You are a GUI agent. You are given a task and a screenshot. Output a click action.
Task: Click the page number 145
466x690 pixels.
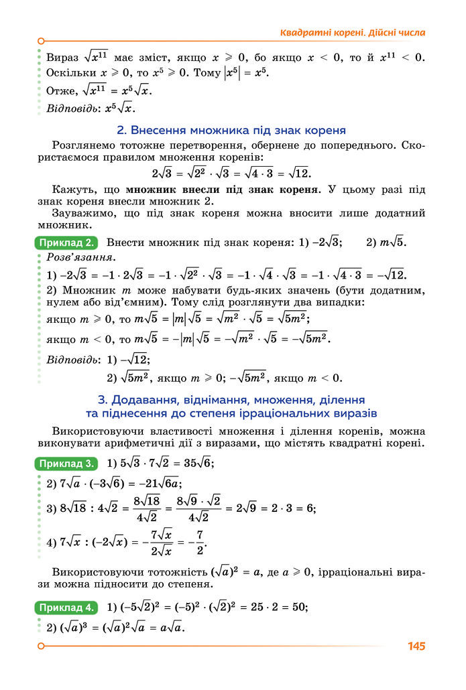coord(416,646)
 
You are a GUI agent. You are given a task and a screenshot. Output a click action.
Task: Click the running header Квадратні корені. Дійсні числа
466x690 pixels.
coord(352,32)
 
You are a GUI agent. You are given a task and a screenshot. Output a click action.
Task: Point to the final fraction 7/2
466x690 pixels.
coord(199,541)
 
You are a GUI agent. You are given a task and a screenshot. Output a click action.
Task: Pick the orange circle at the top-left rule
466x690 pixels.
coord(41,41)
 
